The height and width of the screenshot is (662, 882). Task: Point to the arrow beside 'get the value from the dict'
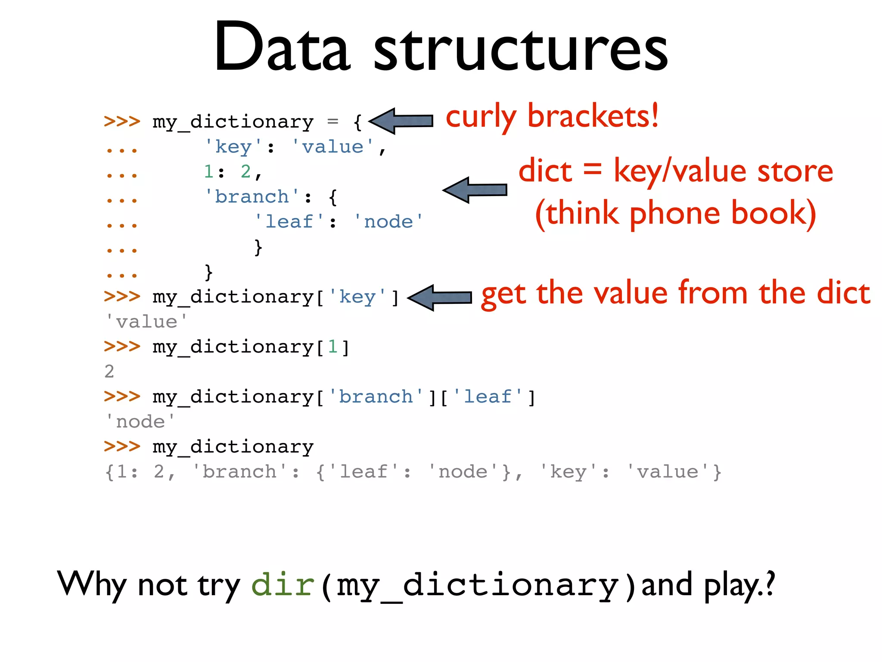click(x=440, y=297)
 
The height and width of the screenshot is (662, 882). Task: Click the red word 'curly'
click(x=481, y=118)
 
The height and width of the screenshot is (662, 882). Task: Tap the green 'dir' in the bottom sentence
click(x=283, y=585)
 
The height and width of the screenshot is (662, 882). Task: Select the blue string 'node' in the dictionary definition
click(x=388, y=222)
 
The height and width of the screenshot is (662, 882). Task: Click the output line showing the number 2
click(x=109, y=372)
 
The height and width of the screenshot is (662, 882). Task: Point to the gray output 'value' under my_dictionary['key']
click(x=146, y=322)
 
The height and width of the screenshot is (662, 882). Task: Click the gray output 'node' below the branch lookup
click(x=140, y=422)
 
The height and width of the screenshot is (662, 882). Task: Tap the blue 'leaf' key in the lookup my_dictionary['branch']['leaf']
click(x=488, y=397)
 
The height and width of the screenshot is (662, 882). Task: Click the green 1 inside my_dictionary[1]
click(x=332, y=347)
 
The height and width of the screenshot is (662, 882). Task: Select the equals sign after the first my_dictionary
click(x=332, y=122)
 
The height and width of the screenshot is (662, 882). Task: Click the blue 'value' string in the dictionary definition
click(x=332, y=147)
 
